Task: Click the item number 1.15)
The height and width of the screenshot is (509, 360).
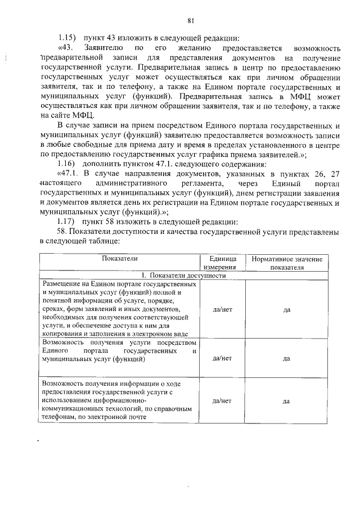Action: click(69, 38)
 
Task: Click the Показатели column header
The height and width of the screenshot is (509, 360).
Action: click(120, 259)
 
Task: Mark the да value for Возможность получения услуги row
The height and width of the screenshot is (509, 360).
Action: click(286, 358)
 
